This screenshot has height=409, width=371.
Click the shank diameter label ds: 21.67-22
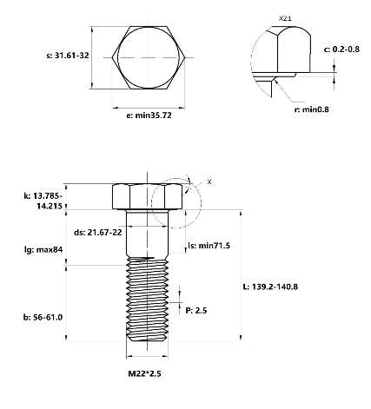click(98, 232)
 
